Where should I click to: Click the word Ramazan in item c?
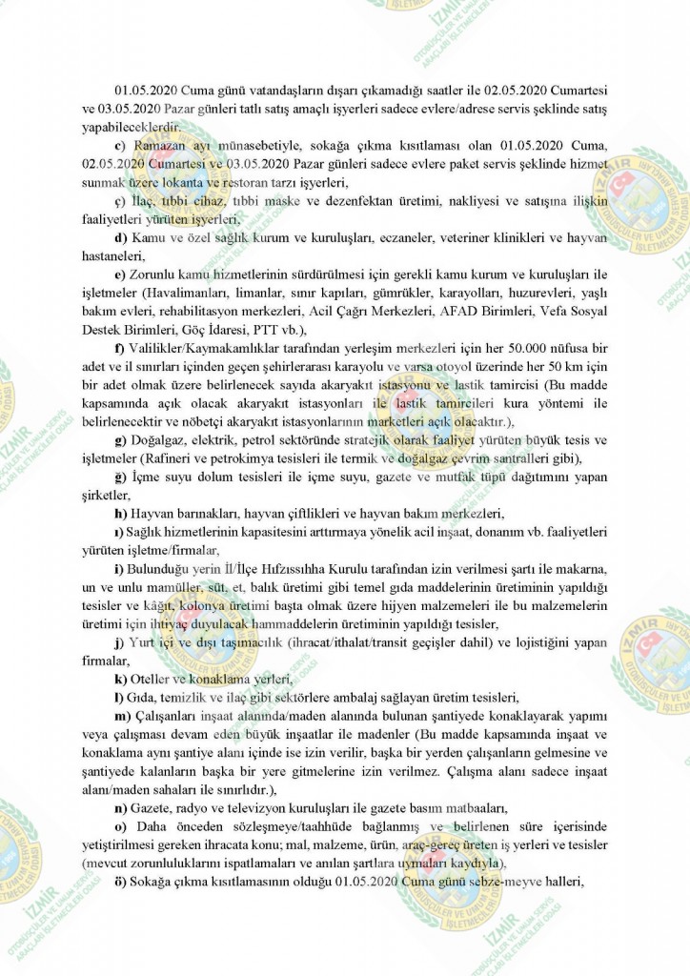click(x=157, y=146)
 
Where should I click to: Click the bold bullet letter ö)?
click(x=120, y=882)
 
